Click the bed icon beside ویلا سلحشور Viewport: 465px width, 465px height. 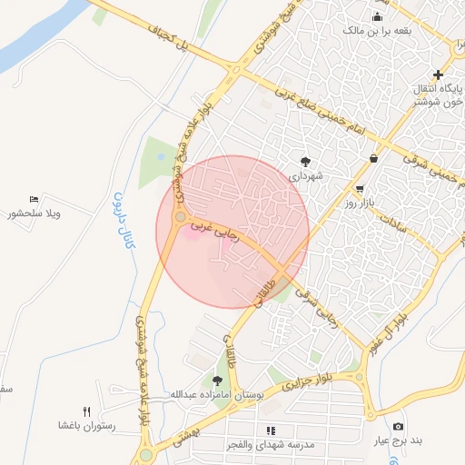(35, 199)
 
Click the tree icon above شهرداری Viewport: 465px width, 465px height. (306, 161)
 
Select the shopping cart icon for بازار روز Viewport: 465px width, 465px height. (361, 190)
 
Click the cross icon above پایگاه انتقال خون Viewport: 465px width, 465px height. (439, 74)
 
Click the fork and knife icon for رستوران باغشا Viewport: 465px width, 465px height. (86, 411)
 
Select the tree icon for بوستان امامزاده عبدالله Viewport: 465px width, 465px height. (216, 381)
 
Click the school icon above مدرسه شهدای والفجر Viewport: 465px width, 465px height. (270, 430)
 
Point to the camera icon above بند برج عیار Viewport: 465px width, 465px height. (398, 426)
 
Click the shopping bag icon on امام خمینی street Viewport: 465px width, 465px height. (374, 159)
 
